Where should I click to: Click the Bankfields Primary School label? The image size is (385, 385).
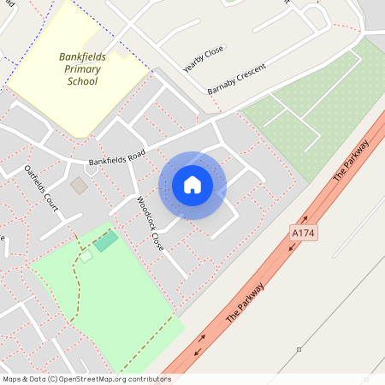[x=82, y=69]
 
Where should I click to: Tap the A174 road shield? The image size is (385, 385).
[x=302, y=233]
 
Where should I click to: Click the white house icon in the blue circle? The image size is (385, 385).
[x=192, y=185]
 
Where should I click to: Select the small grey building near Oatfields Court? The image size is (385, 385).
[x=79, y=185]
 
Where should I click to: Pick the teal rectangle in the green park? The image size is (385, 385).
[x=106, y=240]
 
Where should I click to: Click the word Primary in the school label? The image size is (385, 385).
[x=82, y=69]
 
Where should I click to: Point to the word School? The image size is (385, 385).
[x=82, y=81]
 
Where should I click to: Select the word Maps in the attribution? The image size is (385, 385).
[x=13, y=378]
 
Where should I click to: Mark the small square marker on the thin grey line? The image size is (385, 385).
[x=299, y=349]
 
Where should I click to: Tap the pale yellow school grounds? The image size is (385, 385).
[x=51, y=103]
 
